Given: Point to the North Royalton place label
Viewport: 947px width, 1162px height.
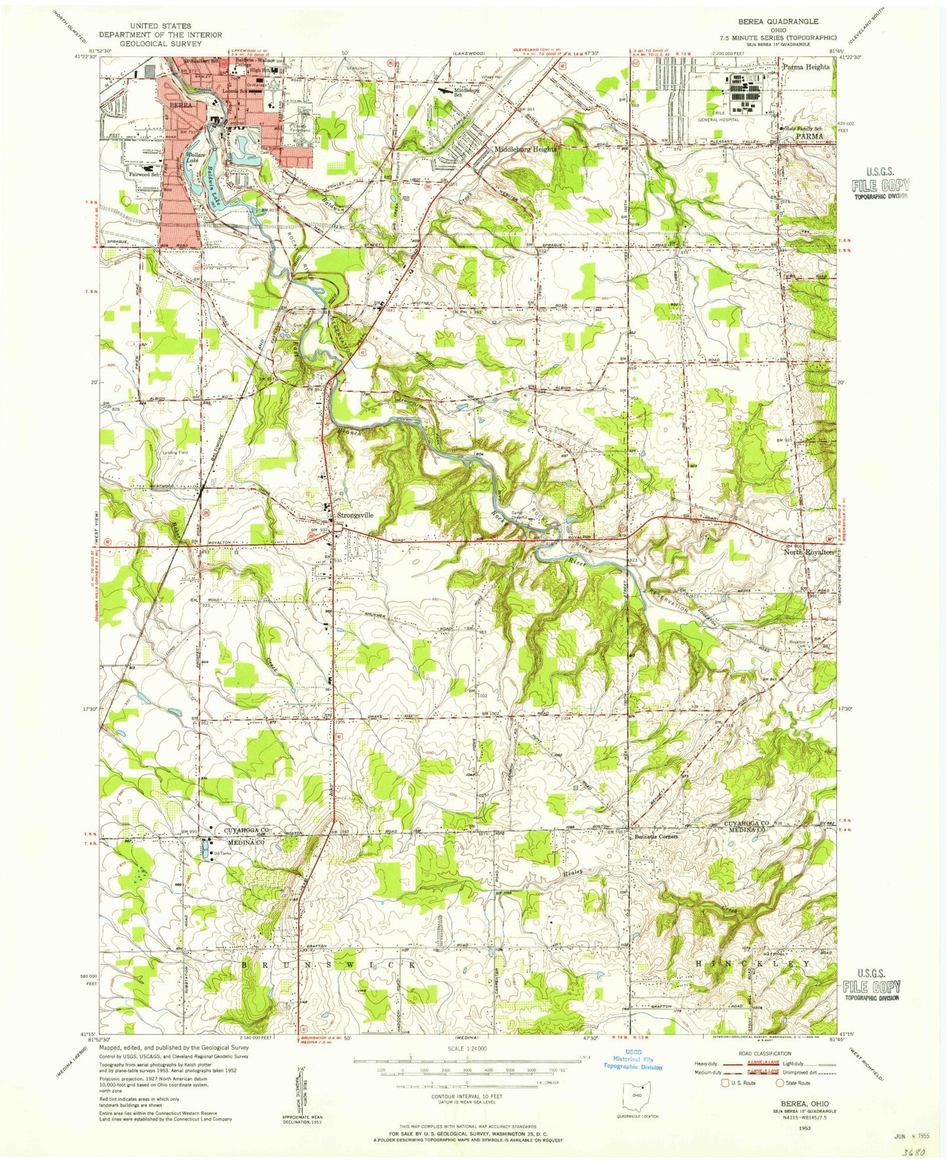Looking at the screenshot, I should [809, 552].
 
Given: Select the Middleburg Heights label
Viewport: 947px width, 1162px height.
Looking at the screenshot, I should [525, 149].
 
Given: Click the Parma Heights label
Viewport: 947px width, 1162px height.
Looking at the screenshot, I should [805, 67].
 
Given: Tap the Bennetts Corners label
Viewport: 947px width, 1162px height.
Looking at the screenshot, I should [655, 837].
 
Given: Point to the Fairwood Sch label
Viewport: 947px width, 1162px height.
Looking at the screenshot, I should [145, 176].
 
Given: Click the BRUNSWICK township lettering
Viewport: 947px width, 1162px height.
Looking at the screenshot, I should [330, 965].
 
